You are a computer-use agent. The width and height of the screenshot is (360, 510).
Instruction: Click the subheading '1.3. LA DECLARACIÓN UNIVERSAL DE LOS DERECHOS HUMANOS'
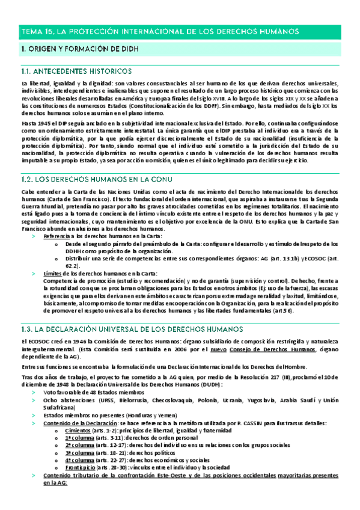[132, 330]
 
